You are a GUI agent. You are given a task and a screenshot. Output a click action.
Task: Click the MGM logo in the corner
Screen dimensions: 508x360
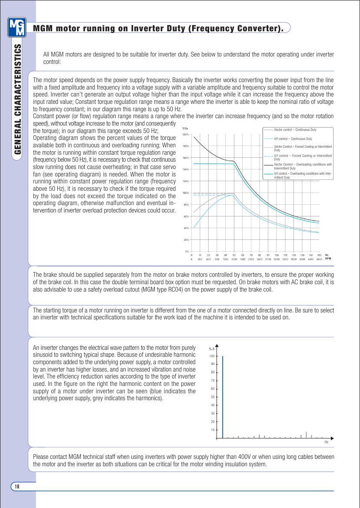[17, 28]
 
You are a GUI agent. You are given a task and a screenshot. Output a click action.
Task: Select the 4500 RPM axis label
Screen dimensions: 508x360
[319, 259]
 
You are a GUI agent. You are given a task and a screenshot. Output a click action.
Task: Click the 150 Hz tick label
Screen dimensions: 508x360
[319, 255]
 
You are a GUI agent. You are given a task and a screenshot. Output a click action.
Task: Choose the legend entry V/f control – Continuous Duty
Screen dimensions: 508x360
[293, 139]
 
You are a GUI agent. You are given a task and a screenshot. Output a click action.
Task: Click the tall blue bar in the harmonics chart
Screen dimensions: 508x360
[223, 397]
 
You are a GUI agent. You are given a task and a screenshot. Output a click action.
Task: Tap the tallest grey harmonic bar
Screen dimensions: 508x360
[306, 435]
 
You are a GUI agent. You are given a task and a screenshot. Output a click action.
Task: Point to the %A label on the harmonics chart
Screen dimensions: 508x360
[211, 349]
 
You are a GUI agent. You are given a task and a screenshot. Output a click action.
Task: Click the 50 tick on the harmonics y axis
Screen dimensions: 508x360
[213, 397]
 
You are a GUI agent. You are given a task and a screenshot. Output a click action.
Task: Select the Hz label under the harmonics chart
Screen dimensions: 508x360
[327, 442]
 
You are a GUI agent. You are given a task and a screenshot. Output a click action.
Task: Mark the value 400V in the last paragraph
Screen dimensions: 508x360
[225, 457]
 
